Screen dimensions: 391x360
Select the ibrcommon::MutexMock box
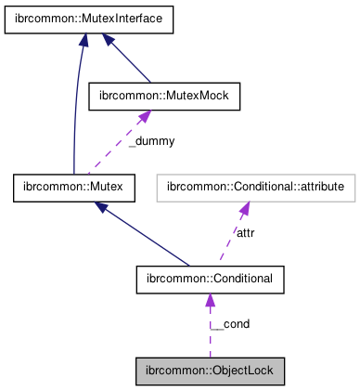(163, 96)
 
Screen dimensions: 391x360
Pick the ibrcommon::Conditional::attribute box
(255, 188)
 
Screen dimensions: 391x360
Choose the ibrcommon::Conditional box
(210, 279)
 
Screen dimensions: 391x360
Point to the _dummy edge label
(151, 141)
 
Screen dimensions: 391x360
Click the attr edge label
(246, 232)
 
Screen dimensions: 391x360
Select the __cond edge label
(229, 324)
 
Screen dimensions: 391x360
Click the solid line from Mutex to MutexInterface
(73, 111)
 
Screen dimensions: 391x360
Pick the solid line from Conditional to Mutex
(148, 236)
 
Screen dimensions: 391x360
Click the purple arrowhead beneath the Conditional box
(210, 301)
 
